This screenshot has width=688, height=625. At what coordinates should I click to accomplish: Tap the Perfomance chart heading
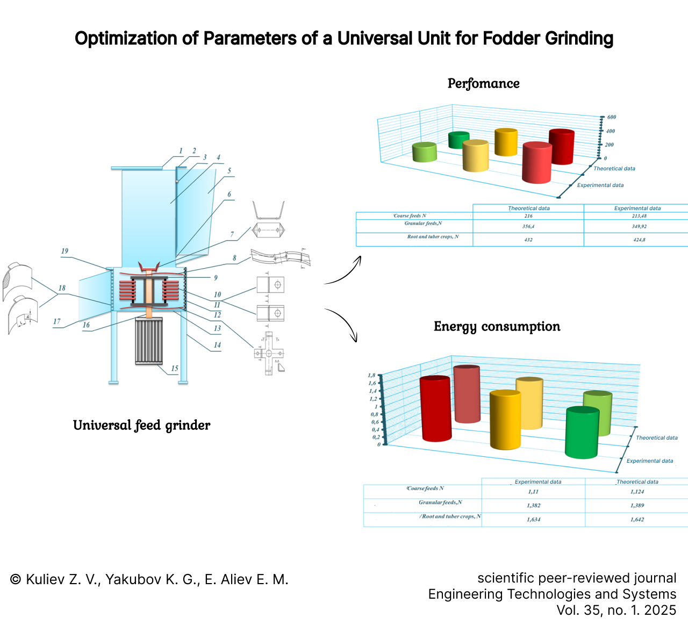[483, 84]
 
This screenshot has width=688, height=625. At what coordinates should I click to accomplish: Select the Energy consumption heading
[497, 327]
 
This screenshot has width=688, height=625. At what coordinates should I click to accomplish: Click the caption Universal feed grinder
[141, 426]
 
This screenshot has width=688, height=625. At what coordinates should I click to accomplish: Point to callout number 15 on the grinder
[175, 369]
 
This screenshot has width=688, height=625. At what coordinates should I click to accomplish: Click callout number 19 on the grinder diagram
[64, 251]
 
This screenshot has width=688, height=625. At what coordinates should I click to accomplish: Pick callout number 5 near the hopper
[229, 171]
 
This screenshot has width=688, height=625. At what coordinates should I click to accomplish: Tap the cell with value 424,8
[639, 240]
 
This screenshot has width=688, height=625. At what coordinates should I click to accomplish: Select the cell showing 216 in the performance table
[528, 216]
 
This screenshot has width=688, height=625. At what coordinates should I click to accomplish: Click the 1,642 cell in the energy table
[637, 520]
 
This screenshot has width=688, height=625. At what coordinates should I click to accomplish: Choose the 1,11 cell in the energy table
[533, 492]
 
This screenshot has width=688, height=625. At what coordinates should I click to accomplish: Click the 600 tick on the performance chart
[612, 117]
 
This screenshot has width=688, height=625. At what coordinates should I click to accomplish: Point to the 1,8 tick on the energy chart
[371, 376]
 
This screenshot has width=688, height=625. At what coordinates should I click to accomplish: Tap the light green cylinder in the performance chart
[425, 152]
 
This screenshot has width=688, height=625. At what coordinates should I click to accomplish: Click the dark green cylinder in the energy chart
[582, 433]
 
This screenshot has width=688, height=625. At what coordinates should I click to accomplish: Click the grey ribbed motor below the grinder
[148, 341]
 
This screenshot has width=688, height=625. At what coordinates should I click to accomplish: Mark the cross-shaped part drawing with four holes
[269, 353]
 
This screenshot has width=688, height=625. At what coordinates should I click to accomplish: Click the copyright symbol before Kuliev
[16, 580]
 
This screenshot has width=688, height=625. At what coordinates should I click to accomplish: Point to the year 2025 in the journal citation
[660, 610]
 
